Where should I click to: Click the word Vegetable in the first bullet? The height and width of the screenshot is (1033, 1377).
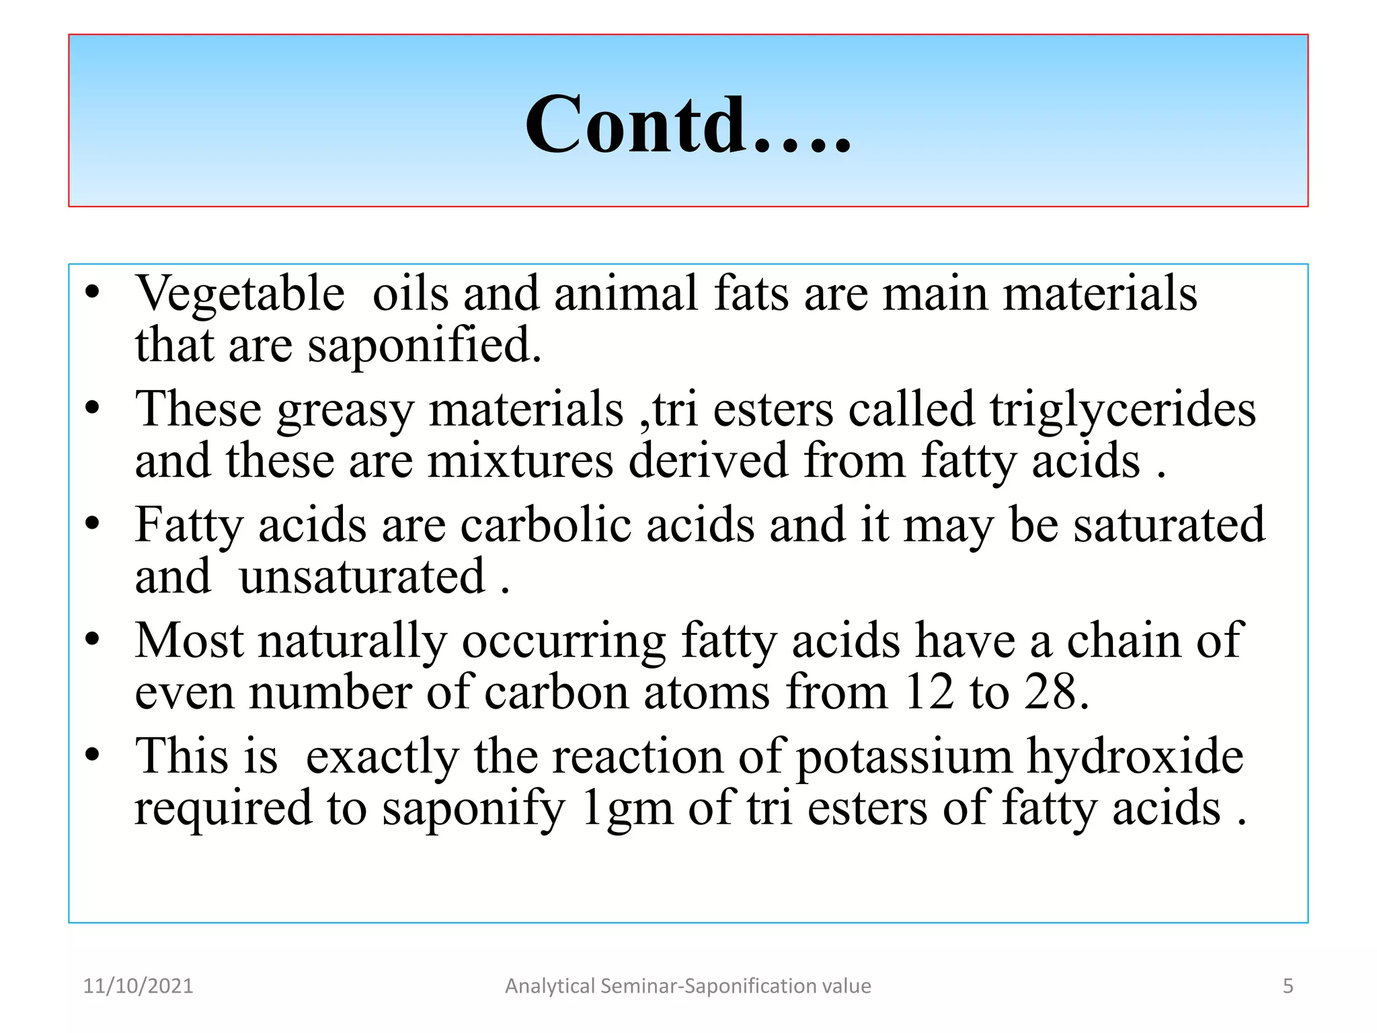240,294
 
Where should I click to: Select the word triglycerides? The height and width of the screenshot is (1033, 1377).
1122,410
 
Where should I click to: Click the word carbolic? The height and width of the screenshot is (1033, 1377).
545,525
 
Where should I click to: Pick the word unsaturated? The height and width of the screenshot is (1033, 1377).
362,577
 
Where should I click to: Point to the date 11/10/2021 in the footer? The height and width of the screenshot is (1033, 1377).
138,986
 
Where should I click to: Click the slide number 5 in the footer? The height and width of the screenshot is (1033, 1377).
1288,986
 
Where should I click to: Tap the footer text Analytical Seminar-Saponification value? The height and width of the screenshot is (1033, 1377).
688,986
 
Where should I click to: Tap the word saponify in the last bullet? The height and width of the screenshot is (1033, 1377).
473,809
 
